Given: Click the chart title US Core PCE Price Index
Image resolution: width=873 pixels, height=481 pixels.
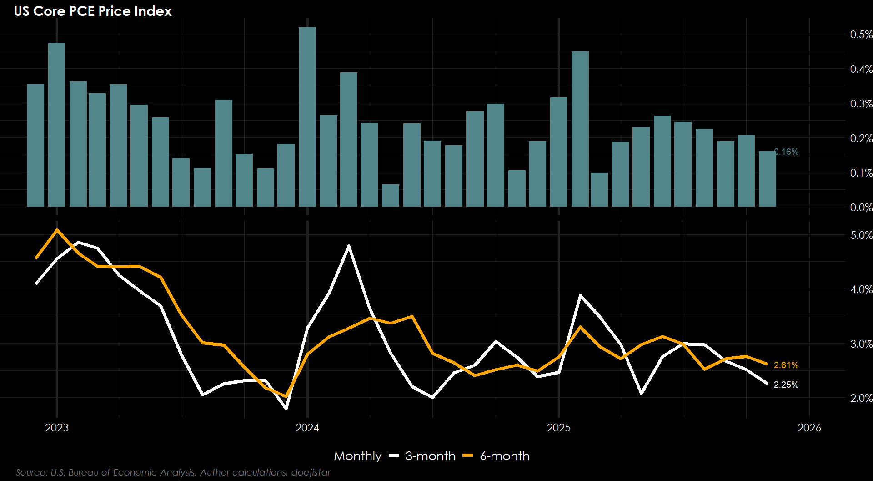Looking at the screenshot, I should click(x=93, y=11).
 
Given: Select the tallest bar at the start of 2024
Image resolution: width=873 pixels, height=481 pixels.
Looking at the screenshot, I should click(x=307, y=117).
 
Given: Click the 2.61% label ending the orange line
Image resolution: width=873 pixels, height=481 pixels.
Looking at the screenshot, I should click(x=786, y=365).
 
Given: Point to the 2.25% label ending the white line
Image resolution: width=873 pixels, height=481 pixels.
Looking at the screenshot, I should click(x=786, y=385).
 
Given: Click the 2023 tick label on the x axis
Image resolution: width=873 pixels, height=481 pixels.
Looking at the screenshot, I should click(x=57, y=428).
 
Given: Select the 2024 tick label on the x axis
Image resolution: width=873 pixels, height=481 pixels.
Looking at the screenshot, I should click(x=307, y=428).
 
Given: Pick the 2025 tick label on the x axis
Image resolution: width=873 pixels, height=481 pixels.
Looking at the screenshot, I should click(x=559, y=428).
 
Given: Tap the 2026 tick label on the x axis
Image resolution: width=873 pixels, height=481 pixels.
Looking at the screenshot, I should click(x=809, y=428).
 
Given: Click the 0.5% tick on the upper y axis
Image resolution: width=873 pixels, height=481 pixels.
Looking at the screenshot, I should click(x=861, y=35).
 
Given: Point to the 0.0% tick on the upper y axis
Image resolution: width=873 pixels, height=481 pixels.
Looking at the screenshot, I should click(x=861, y=208).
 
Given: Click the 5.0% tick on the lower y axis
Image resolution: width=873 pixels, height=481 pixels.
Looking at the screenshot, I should click(x=861, y=235).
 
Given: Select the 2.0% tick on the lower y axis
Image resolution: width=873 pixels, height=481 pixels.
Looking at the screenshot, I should click(x=861, y=398).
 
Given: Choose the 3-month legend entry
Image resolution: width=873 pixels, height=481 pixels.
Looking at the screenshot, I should click(x=430, y=456).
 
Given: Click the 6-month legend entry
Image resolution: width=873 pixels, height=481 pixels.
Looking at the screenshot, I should click(x=504, y=456).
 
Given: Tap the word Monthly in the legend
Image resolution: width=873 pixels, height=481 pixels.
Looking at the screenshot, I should click(x=357, y=456).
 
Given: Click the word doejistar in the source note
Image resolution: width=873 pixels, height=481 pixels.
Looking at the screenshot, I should click(x=311, y=472).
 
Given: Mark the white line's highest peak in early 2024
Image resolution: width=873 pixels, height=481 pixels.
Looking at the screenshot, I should click(x=349, y=246).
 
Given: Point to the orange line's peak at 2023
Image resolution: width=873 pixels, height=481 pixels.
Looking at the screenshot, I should click(x=57, y=230).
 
